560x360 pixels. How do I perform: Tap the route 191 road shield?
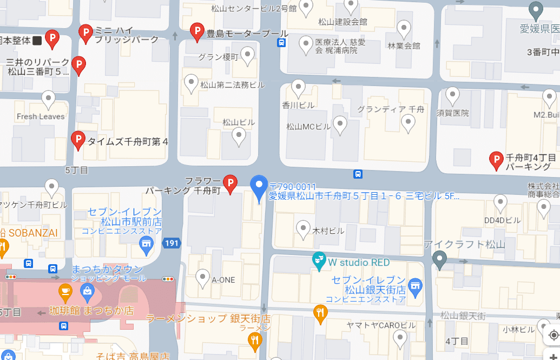170,244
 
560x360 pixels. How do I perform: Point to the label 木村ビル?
328,231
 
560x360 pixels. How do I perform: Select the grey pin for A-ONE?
203,278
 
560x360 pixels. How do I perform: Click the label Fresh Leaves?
41,116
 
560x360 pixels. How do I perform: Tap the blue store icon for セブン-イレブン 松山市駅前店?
146,246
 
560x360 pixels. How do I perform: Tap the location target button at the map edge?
553,335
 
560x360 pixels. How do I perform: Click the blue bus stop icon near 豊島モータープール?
281,43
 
